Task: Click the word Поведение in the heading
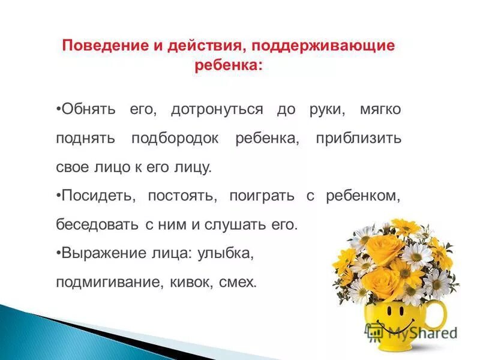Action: point(98,46)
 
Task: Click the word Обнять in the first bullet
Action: point(89,110)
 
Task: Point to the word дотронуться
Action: point(217,110)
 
